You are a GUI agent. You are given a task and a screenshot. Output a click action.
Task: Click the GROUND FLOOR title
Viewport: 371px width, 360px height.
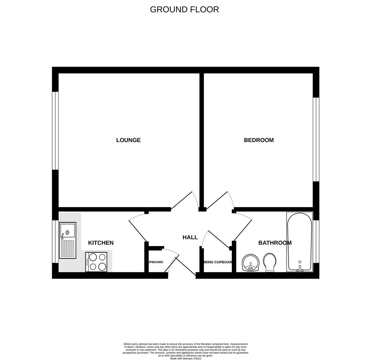(184, 10)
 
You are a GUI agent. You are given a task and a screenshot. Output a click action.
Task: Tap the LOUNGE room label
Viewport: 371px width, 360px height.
(128, 140)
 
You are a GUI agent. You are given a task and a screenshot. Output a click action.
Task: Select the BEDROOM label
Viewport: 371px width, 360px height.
(259, 140)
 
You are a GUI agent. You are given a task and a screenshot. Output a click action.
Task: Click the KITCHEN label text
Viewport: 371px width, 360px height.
(101, 243)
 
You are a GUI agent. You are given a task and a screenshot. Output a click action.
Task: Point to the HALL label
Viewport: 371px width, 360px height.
(190, 237)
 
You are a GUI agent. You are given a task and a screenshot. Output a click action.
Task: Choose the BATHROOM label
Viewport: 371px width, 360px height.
(275, 243)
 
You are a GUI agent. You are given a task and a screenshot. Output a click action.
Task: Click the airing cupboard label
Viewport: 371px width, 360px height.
(217, 262)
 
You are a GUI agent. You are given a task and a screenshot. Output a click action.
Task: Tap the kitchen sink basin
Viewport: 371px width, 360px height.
(68, 231)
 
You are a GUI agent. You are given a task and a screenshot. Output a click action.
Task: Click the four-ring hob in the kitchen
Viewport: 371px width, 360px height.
(96, 262)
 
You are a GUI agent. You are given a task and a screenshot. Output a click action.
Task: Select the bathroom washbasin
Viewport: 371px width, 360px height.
(250, 263)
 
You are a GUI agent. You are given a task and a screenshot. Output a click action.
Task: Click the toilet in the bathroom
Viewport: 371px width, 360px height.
(270, 262)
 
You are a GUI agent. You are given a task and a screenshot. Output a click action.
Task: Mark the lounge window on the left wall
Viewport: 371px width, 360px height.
(55, 131)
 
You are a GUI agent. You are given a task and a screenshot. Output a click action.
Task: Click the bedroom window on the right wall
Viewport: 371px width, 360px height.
(316, 139)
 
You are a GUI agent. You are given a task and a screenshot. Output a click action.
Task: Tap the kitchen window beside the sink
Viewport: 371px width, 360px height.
(55, 242)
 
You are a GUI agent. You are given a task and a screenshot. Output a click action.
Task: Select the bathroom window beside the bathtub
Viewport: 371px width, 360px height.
(316, 242)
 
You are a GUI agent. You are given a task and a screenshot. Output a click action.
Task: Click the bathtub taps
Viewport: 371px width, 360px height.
(300, 269)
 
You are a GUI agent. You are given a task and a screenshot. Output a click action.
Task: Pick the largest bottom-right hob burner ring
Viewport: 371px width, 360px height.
(102, 267)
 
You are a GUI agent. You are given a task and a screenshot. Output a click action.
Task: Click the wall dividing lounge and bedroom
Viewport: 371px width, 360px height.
(202, 140)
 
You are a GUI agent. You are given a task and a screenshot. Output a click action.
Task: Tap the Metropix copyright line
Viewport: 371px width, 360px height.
(185, 359)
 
